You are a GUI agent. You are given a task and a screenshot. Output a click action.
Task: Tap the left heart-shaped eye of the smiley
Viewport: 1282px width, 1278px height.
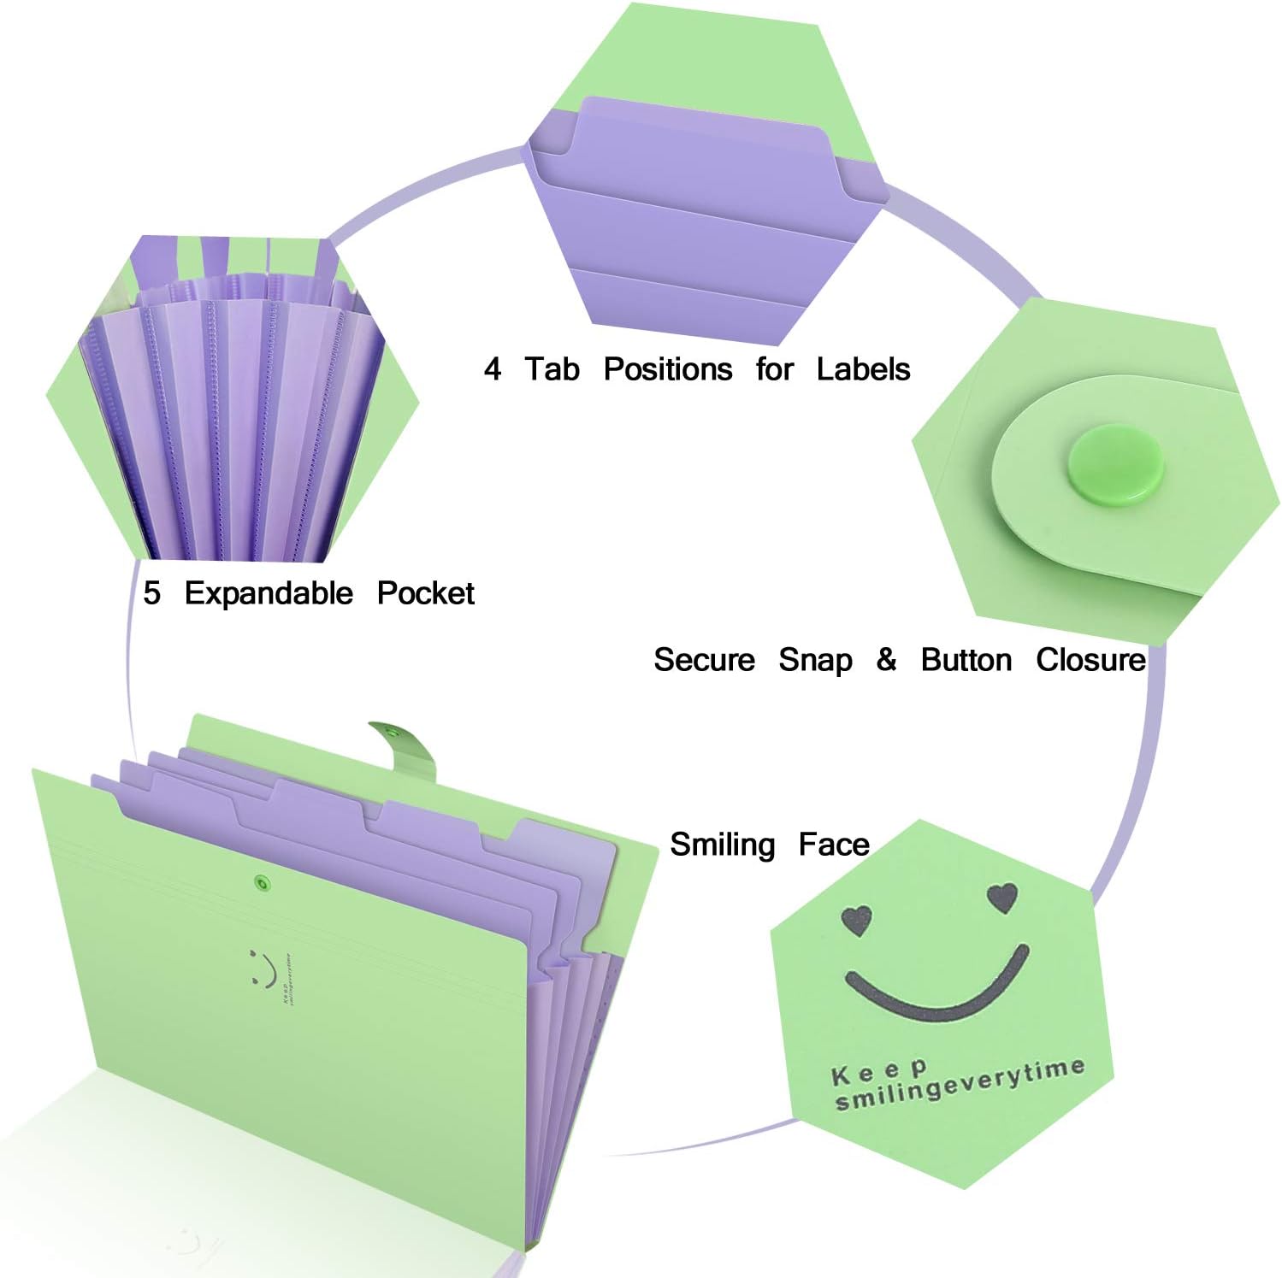pyautogui.click(x=856, y=921)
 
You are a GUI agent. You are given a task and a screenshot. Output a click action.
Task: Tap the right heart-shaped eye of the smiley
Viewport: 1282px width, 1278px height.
pyautogui.click(x=1002, y=898)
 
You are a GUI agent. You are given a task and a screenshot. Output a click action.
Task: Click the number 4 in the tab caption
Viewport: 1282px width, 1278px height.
pyautogui.click(x=492, y=369)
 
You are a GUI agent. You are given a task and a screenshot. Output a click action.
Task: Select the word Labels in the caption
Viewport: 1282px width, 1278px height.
pyautogui.click(x=863, y=369)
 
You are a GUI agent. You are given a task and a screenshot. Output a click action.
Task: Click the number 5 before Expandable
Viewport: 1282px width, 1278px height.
pyautogui.click(x=151, y=593)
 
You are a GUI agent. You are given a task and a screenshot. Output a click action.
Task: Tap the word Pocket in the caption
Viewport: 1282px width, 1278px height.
pyautogui.click(x=425, y=593)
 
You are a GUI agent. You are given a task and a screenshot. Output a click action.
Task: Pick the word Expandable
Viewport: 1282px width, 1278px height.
pyautogui.click(x=269, y=594)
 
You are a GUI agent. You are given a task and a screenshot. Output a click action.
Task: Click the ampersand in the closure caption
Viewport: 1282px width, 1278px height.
pyautogui.click(x=886, y=659)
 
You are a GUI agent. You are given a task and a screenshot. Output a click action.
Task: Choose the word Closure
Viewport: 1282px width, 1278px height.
pyautogui.click(x=1090, y=660)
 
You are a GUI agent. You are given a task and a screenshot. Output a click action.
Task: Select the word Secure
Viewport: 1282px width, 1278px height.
pyautogui.click(x=704, y=660)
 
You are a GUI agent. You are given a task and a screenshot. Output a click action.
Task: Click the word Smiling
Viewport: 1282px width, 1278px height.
pyautogui.click(x=722, y=845)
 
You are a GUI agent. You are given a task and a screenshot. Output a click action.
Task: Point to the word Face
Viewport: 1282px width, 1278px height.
pyautogui.click(x=834, y=845)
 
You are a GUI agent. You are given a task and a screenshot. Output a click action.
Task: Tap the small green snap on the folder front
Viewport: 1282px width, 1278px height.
pyautogui.click(x=260, y=882)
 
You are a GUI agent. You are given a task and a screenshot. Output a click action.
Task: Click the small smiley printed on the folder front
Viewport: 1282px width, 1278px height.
pyautogui.click(x=263, y=968)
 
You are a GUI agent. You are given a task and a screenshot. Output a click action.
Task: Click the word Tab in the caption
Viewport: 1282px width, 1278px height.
pyautogui.click(x=552, y=369)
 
